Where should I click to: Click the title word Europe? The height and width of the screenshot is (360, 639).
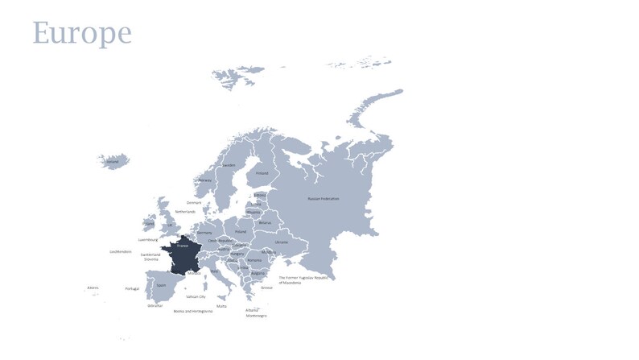pos(81,32)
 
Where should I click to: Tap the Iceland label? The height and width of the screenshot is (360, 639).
pos(113,161)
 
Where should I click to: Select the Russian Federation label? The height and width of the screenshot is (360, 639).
pos(324,198)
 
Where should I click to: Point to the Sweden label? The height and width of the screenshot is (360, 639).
pos(229,165)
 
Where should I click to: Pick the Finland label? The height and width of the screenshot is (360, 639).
pos(262,172)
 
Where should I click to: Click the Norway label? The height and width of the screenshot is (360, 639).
pos(205,180)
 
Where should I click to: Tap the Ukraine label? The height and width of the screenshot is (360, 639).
pos(281,242)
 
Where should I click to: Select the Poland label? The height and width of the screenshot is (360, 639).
pos(241,230)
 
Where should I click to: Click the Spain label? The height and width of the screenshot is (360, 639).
pos(161,284)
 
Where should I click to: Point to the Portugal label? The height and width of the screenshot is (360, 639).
pos(132,288)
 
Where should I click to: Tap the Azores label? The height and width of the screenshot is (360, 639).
pos(93,288)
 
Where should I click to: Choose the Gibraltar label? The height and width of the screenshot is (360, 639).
pos(155,306)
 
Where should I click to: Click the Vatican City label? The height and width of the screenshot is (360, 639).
pos(196,296)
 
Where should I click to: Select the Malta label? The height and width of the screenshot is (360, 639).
pos(221,306)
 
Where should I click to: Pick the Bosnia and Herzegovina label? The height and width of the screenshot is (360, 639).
pos(193,311)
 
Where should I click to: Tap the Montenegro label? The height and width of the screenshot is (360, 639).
pos(257,316)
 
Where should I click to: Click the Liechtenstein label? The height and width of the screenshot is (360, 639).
pos(121,251)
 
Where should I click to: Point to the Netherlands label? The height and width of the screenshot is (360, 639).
pos(185,212)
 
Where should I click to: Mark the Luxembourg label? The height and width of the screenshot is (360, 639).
pos(149,239)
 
